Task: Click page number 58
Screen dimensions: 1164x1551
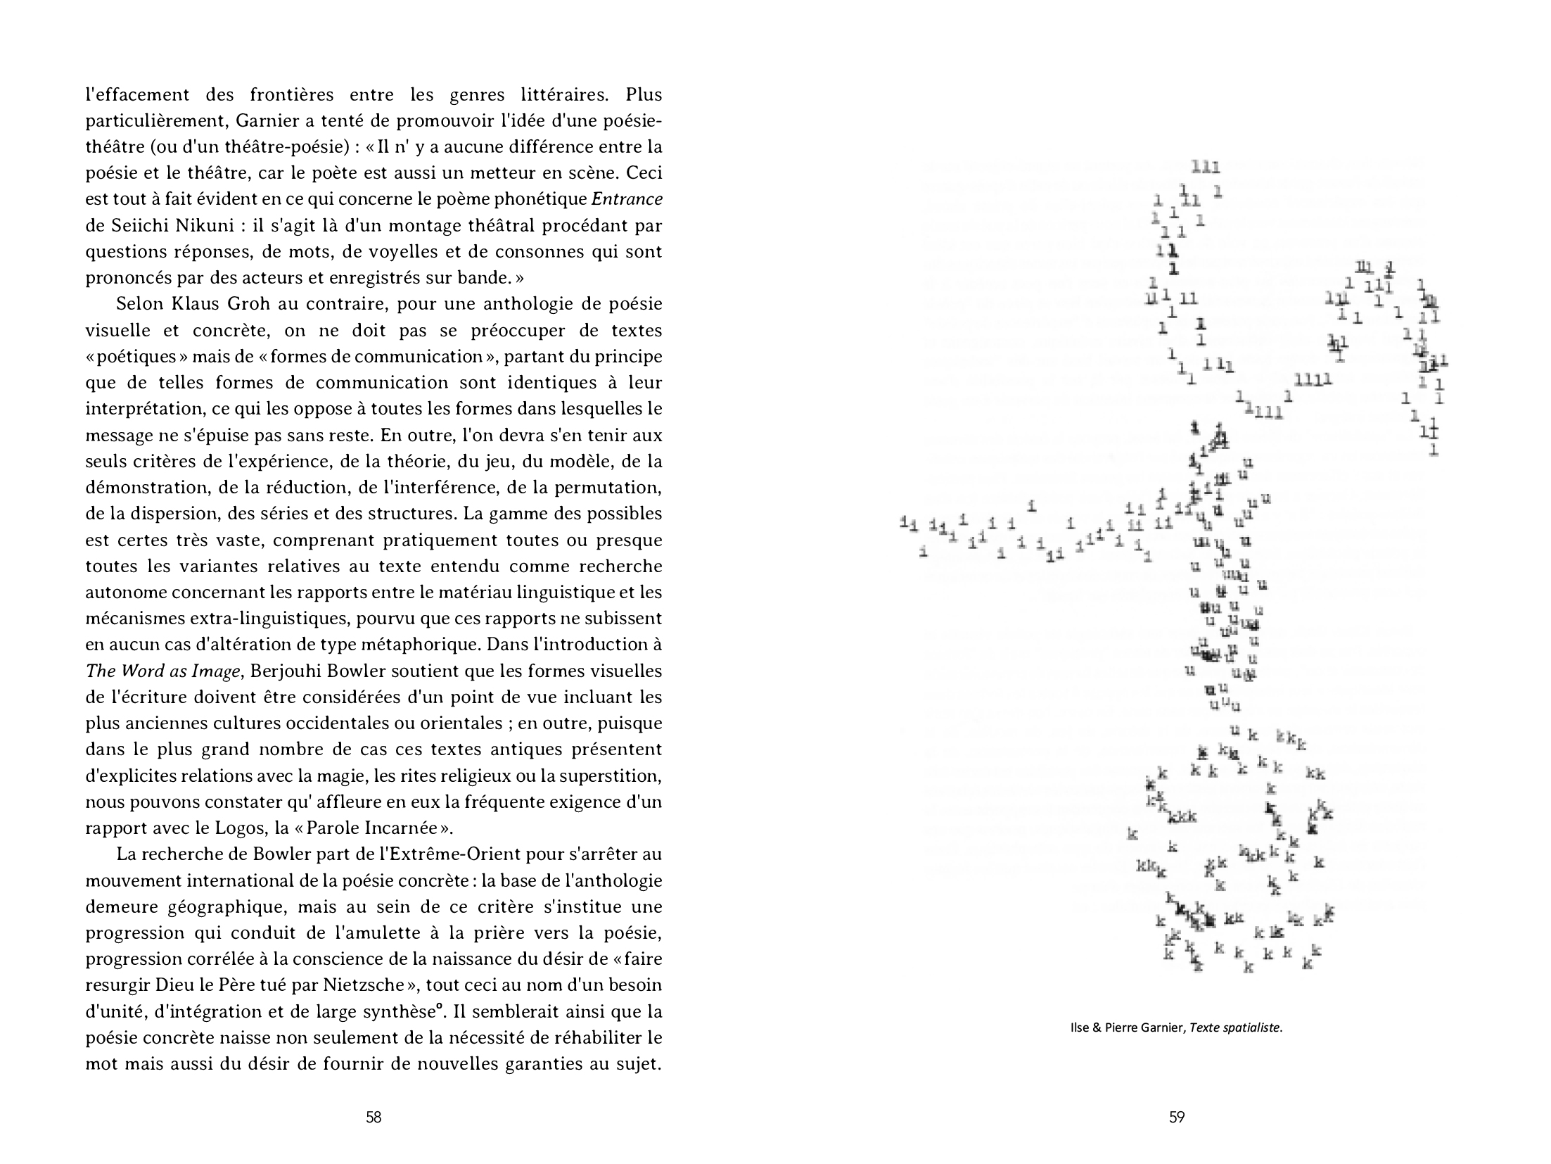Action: (374, 1117)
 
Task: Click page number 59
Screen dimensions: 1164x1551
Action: (1177, 1117)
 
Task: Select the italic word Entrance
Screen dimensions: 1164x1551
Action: (627, 199)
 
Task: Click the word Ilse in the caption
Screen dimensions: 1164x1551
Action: (1079, 1028)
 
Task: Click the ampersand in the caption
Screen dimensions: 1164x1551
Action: (1097, 1028)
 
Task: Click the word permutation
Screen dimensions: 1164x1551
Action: (608, 487)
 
